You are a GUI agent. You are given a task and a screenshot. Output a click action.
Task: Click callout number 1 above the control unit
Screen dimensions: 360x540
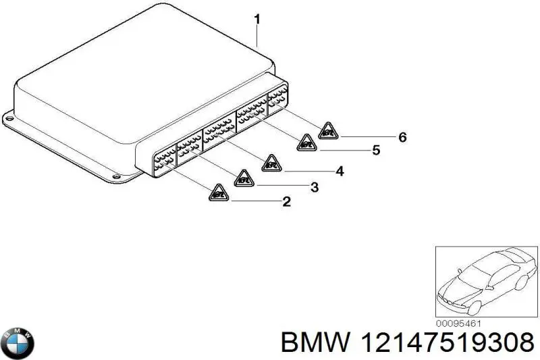click(257, 20)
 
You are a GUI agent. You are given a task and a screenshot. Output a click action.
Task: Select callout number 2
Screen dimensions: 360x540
click(286, 201)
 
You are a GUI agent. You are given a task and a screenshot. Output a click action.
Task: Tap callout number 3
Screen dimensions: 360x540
click(314, 186)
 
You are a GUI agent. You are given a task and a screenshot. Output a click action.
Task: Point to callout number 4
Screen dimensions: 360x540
click(340, 172)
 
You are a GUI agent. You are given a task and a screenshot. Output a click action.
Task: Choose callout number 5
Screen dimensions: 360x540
click(376, 151)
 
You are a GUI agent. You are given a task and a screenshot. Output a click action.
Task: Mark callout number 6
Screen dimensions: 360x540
click(402, 137)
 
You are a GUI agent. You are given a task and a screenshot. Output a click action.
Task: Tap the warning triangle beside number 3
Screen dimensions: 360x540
click(244, 179)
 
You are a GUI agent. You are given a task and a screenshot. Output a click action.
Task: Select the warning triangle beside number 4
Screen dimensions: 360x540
click(271, 163)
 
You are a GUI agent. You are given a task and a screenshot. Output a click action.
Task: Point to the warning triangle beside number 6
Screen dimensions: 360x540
click(328, 131)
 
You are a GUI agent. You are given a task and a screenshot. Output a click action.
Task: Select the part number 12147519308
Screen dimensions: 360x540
click(446, 344)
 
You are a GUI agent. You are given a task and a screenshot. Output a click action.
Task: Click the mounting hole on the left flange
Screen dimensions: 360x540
click(9, 117)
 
